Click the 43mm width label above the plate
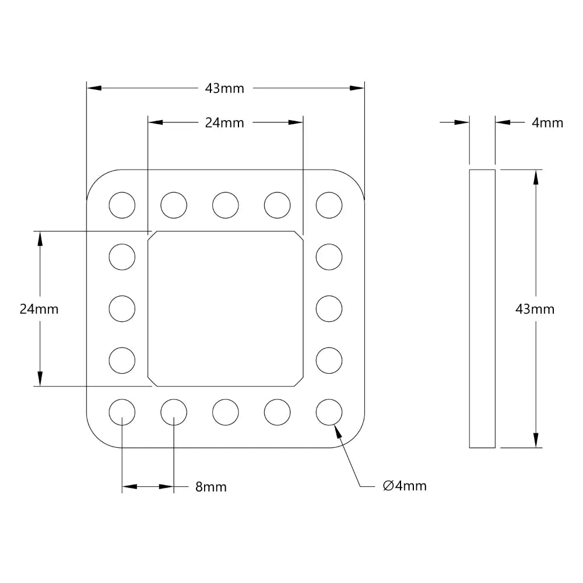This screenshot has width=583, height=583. [224, 89]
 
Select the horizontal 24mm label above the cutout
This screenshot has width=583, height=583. [224, 122]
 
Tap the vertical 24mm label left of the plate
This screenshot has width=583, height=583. [39, 309]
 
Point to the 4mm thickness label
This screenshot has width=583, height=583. [547, 122]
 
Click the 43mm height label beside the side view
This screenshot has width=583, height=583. [535, 309]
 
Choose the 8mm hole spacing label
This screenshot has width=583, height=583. [210, 487]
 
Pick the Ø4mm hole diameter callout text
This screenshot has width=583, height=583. [405, 486]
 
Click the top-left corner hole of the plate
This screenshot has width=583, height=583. [122, 205]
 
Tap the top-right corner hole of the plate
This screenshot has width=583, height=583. [329, 205]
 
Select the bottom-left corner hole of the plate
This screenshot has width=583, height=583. [122, 412]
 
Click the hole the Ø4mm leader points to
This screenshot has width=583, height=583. [329, 412]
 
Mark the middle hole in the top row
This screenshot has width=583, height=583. [226, 205]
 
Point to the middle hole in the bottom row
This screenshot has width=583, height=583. [226, 412]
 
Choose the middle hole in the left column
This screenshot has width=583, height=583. [122, 308]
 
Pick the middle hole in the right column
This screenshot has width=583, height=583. [329, 308]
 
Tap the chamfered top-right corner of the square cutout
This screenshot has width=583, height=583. [300, 234]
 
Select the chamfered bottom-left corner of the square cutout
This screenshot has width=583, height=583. [152, 382]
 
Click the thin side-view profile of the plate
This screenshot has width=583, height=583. [482, 309]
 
